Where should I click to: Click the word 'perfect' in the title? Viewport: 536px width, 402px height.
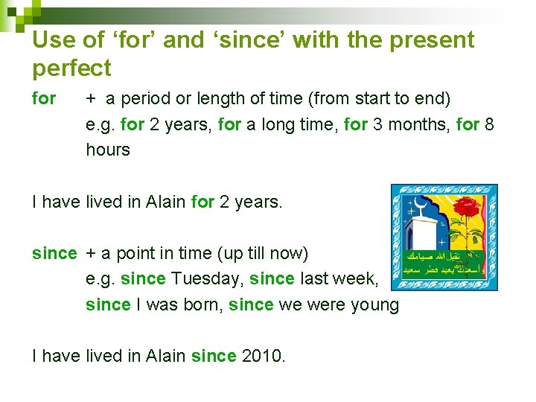click(71, 68)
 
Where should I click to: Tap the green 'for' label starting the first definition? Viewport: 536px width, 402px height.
click(44, 98)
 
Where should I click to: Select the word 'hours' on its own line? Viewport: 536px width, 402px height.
click(108, 150)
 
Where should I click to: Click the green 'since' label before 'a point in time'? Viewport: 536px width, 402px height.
click(54, 253)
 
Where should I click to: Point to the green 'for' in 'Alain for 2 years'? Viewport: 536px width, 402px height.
click(202, 201)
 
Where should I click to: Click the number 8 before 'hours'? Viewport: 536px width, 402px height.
click(489, 124)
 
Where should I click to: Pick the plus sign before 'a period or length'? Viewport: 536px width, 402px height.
click(90, 98)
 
